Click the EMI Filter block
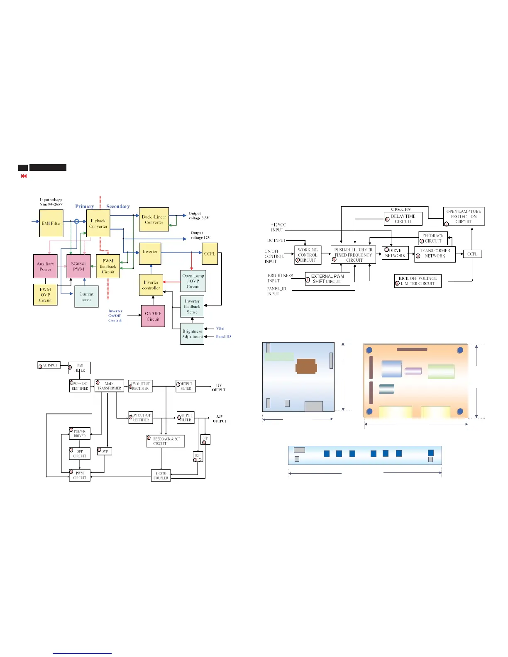51,223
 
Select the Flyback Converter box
98,224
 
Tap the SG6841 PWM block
78,266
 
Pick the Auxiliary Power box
45,266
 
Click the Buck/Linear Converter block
154,219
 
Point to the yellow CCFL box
210,253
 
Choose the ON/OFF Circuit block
153,316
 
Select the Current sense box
86,297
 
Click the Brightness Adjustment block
192,334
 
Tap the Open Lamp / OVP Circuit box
193,281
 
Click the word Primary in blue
84,206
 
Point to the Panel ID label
223,336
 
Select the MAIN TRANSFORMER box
109,386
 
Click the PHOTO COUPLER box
161,475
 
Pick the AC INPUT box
49,365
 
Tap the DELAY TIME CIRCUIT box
403,219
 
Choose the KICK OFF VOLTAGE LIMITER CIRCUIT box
418,281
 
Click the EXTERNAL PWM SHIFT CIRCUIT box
327,279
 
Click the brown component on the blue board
306,367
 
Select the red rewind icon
24,176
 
